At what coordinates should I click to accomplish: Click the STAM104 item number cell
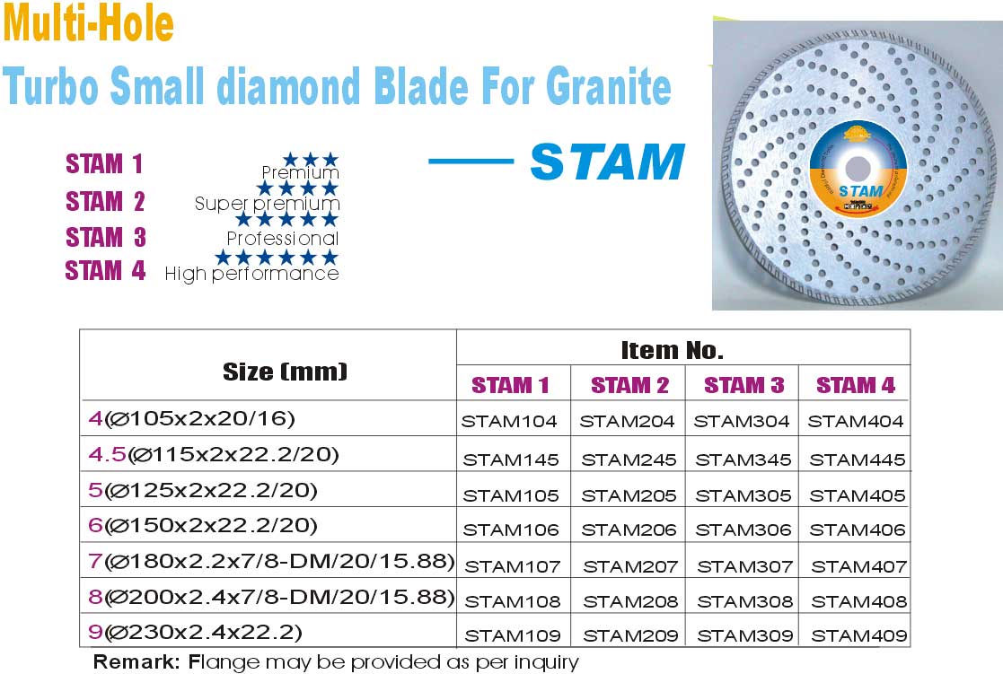point(509,422)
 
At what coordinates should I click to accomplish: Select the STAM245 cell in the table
point(629,460)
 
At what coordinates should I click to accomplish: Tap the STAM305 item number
point(743,495)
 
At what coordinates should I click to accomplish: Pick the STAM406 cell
point(858,530)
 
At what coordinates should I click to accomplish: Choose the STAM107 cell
point(513,566)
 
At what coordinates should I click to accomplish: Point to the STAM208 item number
point(630,601)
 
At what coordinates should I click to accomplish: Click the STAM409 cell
point(859,635)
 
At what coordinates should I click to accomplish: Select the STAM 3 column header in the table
point(743,385)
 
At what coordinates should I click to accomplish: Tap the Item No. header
point(673,350)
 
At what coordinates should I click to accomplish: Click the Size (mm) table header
point(285,372)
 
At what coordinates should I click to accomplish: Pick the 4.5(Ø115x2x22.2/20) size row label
point(214,455)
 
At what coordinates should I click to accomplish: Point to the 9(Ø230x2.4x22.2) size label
point(195,633)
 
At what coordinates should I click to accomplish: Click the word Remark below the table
point(136,661)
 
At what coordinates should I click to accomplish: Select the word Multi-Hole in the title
point(88,22)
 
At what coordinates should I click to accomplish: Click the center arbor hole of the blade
point(858,169)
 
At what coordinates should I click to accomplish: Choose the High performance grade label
point(251,274)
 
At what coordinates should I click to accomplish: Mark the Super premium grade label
point(267,204)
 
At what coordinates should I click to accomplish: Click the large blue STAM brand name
point(608,162)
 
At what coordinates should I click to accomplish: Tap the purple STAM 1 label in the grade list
point(104,163)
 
